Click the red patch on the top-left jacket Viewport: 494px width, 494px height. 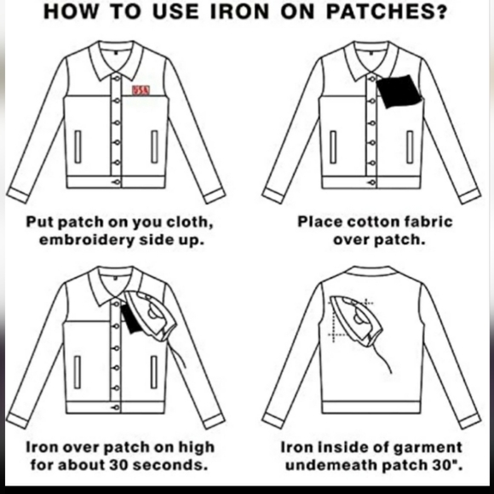click(x=140, y=92)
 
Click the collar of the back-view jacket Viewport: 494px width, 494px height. click(x=370, y=273)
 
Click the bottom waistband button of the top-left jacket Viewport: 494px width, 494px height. click(x=116, y=182)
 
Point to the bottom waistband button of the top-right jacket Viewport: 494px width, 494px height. click(x=370, y=182)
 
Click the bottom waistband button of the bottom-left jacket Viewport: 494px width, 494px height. click(x=116, y=407)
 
